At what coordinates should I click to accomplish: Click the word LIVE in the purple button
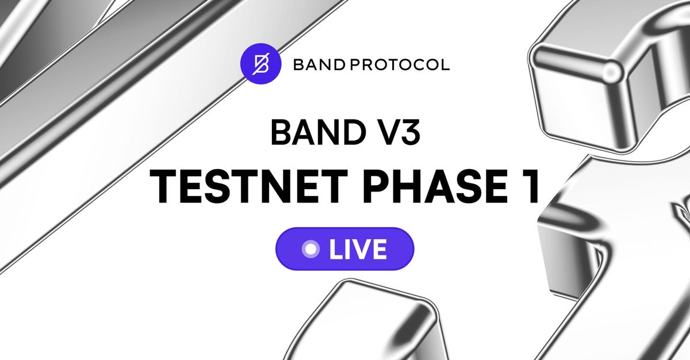pyautogui.click(x=358, y=249)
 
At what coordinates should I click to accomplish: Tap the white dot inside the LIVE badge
pyautogui.click(x=311, y=249)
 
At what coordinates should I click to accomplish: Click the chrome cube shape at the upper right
pyautogui.click(x=598, y=81)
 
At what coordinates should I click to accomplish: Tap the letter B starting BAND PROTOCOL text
pyautogui.click(x=298, y=64)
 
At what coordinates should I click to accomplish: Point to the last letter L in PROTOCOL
pyautogui.click(x=445, y=64)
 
